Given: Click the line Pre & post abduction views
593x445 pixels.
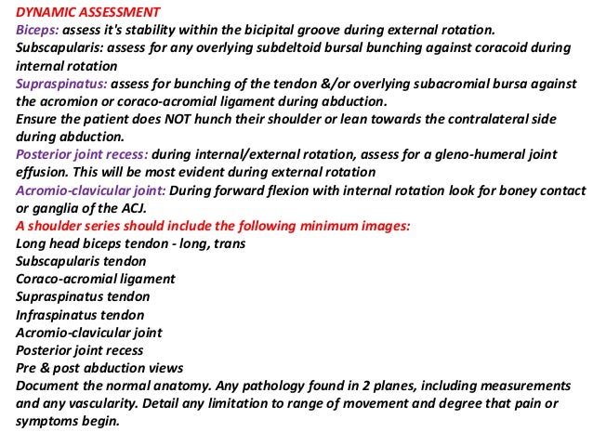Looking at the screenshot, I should point(99,367).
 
